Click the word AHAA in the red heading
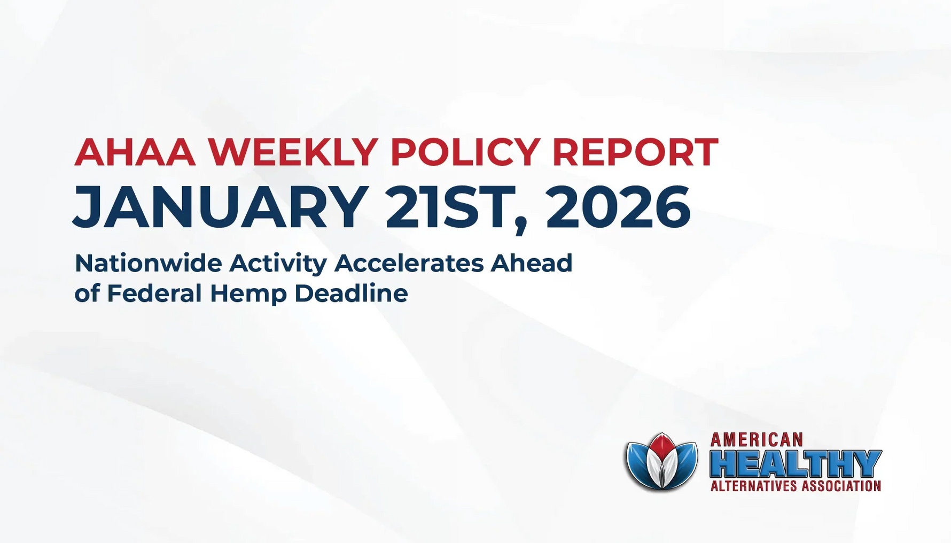[x=135, y=152]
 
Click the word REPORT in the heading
[x=635, y=152]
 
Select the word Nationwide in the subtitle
[x=148, y=263]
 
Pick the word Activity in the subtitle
[x=278, y=264]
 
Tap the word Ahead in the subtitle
[x=532, y=263]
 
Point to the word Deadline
[x=351, y=293]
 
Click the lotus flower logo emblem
[x=661, y=462]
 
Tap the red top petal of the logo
[x=662, y=446]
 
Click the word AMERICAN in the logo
[x=756, y=440]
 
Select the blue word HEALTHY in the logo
[x=795, y=464]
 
